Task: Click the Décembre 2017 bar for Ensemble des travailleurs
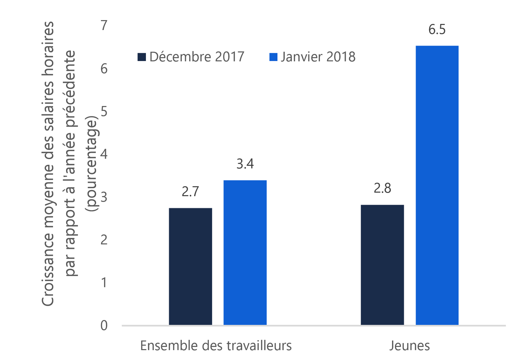tap(190, 266)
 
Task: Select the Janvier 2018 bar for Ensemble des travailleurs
tap(245, 252)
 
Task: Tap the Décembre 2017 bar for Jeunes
tap(382, 265)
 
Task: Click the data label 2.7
tap(190, 191)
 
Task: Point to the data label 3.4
tap(245, 164)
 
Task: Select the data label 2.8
tap(382, 188)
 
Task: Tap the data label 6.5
tap(437, 30)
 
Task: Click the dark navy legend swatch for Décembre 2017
tap(142, 57)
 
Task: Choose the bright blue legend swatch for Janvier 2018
tap(273, 57)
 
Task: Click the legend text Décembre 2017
tap(197, 57)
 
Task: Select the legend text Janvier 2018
tap(318, 57)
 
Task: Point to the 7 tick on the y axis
tap(104, 25)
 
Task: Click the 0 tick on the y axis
tap(104, 326)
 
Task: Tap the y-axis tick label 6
tap(104, 69)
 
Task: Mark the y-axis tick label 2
tap(104, 240)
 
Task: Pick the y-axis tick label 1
tap(104, 283)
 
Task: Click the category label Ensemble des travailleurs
tap(216, 346)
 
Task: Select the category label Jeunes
tap(409, 346)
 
